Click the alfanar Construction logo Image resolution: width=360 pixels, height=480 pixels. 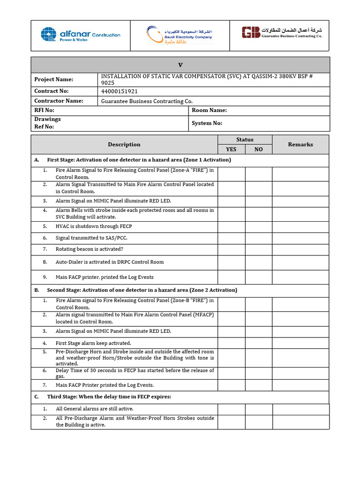tap(80, 35)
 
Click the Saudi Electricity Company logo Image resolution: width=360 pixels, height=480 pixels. tap(179, 35)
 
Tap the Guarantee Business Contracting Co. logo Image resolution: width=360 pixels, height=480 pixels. tap(282, 32)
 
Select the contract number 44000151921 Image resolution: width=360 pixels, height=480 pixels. tap(120, 91)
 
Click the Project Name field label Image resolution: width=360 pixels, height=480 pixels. tap(54, 80)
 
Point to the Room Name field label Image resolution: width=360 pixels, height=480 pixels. tap(209, 111)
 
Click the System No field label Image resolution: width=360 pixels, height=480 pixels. tap(207, 123)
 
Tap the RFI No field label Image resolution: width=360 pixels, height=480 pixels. tap(44, 111)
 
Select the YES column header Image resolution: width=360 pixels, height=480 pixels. tap(231, 150)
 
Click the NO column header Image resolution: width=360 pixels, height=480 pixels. tap(258, 150)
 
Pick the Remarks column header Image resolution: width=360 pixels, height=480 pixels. tap(300, 144)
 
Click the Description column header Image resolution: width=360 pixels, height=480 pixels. tap(124, 144)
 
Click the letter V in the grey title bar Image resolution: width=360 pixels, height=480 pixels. tap(180, 65)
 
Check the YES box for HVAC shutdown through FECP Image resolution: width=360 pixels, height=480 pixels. tap(231, 226)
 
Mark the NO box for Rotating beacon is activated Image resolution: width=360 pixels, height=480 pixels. tap(258, 249)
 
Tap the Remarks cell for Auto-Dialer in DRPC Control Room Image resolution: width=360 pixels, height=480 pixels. tap(300, 262)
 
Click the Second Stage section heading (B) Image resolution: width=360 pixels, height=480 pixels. tap(142, 290)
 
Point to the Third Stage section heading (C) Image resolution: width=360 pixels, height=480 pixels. tap(109, 397)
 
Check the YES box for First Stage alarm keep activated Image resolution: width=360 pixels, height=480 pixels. tap(231, 343)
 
